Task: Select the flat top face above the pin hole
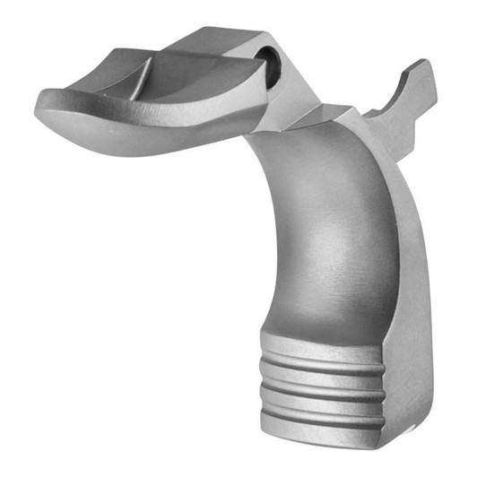coord(224,40)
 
